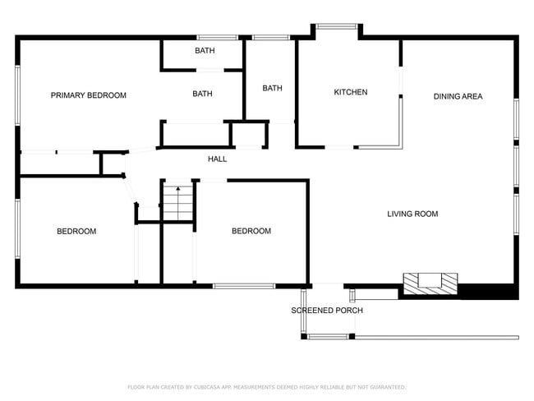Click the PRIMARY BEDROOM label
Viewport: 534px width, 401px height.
coord(89,95)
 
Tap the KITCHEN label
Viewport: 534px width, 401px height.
coord(350,92)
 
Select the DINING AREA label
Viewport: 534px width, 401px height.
coord(458,96)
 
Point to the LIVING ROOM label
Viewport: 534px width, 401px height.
coord(412,214)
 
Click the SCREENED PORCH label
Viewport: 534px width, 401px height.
coord(327,310)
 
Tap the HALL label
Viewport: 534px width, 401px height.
coord(217,159)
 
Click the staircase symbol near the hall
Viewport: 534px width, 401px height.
coord(177,203)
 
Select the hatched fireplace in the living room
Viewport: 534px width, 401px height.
coord(430,283)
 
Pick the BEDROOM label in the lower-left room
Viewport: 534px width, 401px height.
coord(76,231)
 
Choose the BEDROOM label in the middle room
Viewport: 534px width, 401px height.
coord(251,231)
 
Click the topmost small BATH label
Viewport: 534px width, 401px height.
coord(205,51)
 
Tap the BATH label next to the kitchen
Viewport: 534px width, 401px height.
coord(272,88)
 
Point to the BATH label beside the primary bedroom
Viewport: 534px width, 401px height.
coord(202,94)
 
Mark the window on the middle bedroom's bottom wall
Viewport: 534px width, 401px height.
coord(244,286)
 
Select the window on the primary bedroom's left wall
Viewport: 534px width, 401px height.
coord(17,94)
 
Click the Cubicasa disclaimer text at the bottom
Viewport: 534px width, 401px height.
coord(266,386)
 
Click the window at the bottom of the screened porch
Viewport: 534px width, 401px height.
coord(328,336)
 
